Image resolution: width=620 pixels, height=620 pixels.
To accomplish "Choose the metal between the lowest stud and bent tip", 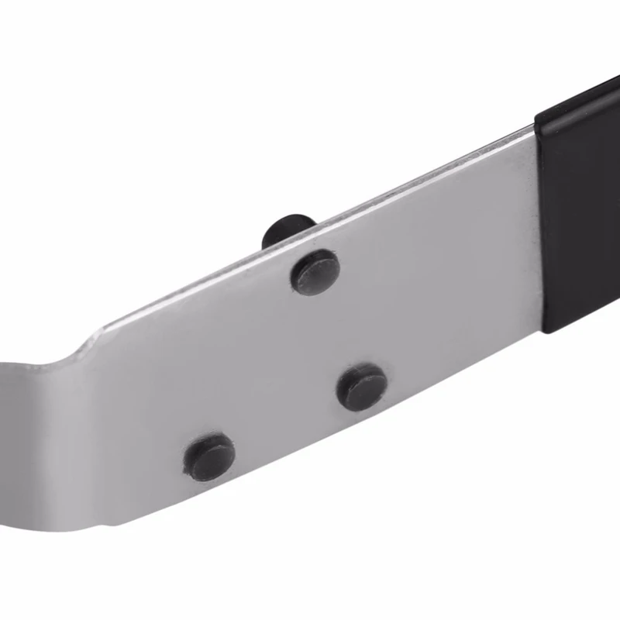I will coord(124,449).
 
